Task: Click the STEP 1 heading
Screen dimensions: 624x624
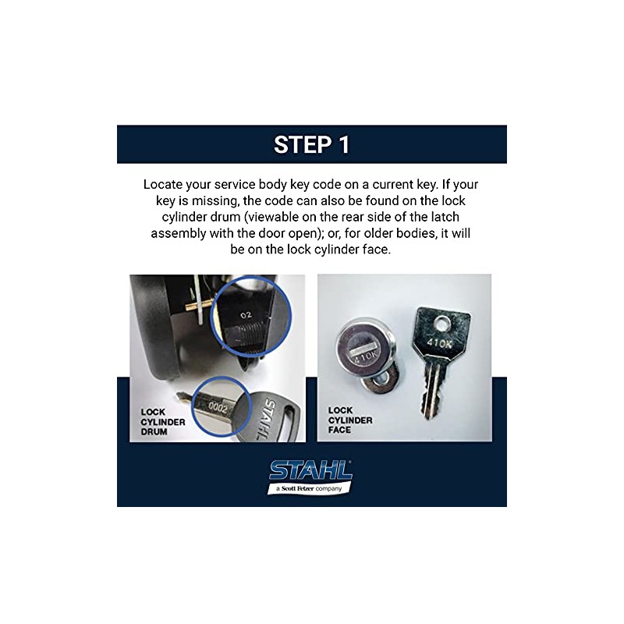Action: pos(311,144)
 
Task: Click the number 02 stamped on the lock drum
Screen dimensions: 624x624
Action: pos(246,314)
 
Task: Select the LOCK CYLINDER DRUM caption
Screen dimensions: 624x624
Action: pos(163,420)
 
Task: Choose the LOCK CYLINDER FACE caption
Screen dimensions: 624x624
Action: pos(350,420)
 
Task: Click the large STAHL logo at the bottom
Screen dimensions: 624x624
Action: pos(310,470)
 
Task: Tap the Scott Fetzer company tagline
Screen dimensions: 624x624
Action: pos(310,488)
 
